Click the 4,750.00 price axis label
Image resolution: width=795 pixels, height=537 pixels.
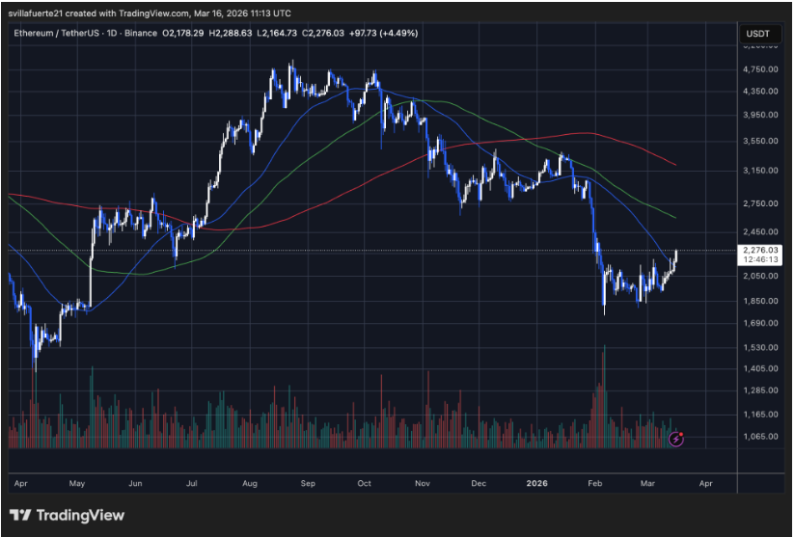(x=761, y=69)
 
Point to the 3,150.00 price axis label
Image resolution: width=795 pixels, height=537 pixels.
(x=761, y=170)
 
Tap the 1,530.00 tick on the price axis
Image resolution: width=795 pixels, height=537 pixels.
(x=761, y=347)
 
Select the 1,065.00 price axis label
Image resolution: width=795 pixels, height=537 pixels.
(x=761, y=437)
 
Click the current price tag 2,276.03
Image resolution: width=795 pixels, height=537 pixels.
(x=761, y=250)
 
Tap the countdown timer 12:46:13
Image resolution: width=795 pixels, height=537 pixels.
(x=761, y=259)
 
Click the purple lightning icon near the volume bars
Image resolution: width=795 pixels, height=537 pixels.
(x=677, y=438)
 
